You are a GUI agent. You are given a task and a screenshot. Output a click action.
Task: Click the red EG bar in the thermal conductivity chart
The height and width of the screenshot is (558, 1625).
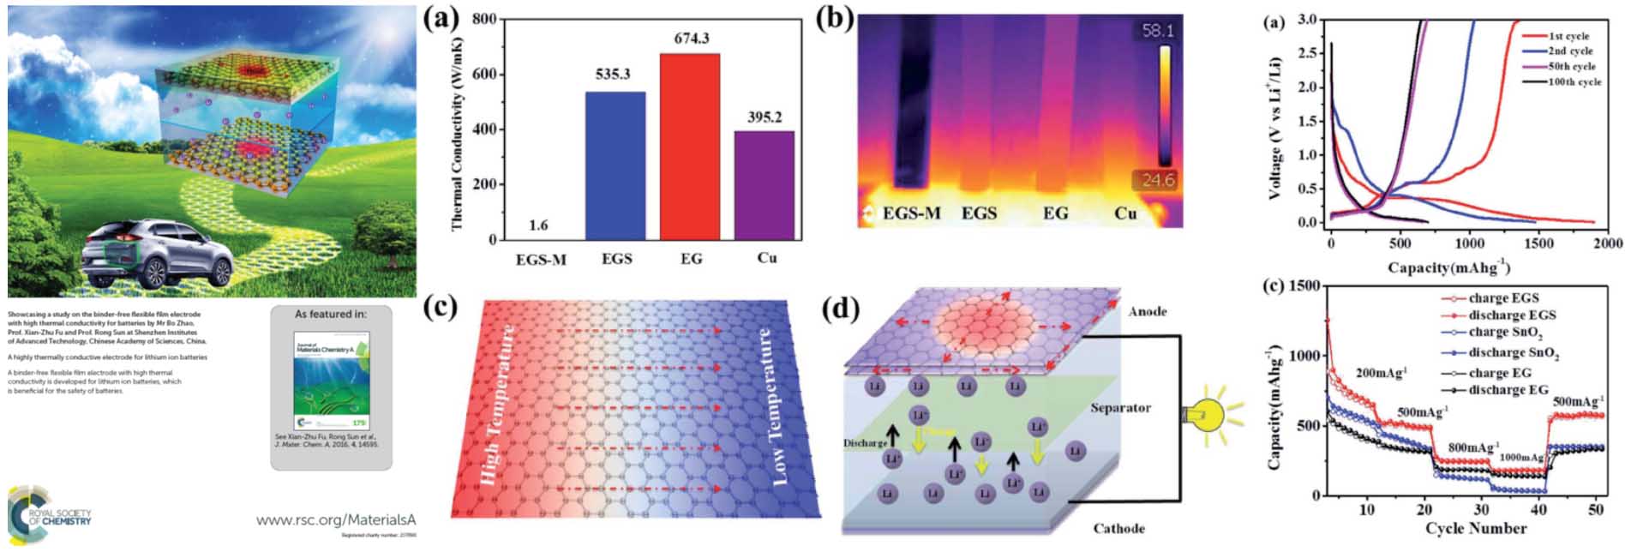click(x=690, y=146)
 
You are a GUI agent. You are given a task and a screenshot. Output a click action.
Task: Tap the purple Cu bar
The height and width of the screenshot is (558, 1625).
click(x=765, y=184)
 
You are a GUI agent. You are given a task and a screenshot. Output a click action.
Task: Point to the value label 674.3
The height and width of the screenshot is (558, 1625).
click(x=692, y=39)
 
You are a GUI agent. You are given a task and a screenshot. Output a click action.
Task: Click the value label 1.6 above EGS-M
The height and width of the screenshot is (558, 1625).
click(x=538, y=225)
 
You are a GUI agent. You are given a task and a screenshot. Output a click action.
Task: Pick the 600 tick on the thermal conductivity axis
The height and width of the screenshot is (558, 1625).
click(x=485, y=75)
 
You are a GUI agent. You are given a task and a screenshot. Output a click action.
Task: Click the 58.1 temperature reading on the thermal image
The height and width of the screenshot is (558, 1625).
click(x=1157, y=31)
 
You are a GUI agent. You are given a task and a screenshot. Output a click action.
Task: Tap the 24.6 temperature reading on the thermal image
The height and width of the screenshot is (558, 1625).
click(x=1157, y=180)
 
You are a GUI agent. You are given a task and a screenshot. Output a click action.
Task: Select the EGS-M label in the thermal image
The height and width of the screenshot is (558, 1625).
click(x=912, y=213)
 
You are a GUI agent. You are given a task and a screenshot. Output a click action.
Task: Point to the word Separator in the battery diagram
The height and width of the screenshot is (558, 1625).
click(x=1120, y=408)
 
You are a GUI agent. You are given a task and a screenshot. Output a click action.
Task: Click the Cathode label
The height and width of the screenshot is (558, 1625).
click(x=1118, y=528)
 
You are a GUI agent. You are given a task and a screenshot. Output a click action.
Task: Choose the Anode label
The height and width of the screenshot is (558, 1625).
click(x=1147, y=311)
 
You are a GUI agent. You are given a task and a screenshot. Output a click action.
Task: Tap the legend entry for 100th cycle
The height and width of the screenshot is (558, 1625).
click(x=1574, y=82)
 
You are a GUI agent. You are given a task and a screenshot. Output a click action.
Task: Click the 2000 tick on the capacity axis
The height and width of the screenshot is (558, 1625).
click(x=1608, y=243)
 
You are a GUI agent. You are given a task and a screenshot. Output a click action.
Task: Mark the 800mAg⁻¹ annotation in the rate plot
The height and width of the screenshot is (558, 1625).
click(x=1473, y=447)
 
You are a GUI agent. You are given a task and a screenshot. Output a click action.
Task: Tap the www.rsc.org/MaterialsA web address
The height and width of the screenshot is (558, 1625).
click(x=335, y=519)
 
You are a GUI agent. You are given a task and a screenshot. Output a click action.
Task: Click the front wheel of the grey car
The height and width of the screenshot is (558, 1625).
click(x=156, y=272)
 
